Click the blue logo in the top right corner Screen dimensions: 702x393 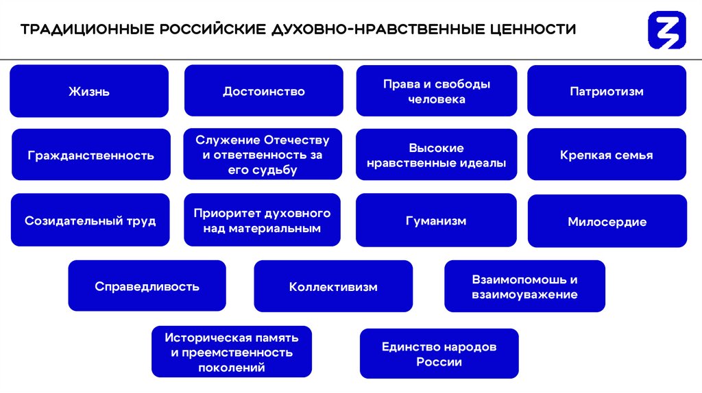(666, 29)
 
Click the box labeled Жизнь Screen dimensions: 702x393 (89, 91)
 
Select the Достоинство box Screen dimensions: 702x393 (264, 91)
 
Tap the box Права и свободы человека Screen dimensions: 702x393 (436, 91)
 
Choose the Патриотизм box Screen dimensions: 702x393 (607, 91)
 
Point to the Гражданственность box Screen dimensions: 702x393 (91, 155)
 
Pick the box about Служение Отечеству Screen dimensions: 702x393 (263, 155)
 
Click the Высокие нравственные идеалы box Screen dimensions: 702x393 (436, 155)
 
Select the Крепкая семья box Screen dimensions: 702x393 (607, 155)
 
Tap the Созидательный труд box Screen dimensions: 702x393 (90, 220)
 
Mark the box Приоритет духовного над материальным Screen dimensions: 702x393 (263, 220)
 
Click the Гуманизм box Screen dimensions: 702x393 (436, 220)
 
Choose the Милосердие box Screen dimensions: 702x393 (607, 221)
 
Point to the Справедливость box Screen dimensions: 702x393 (147, 286)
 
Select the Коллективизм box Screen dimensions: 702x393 (333, 286)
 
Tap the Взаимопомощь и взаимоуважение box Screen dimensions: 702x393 (524, 286)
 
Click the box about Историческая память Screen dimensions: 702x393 (232, 352)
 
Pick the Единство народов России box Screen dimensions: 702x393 (439, 353)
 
